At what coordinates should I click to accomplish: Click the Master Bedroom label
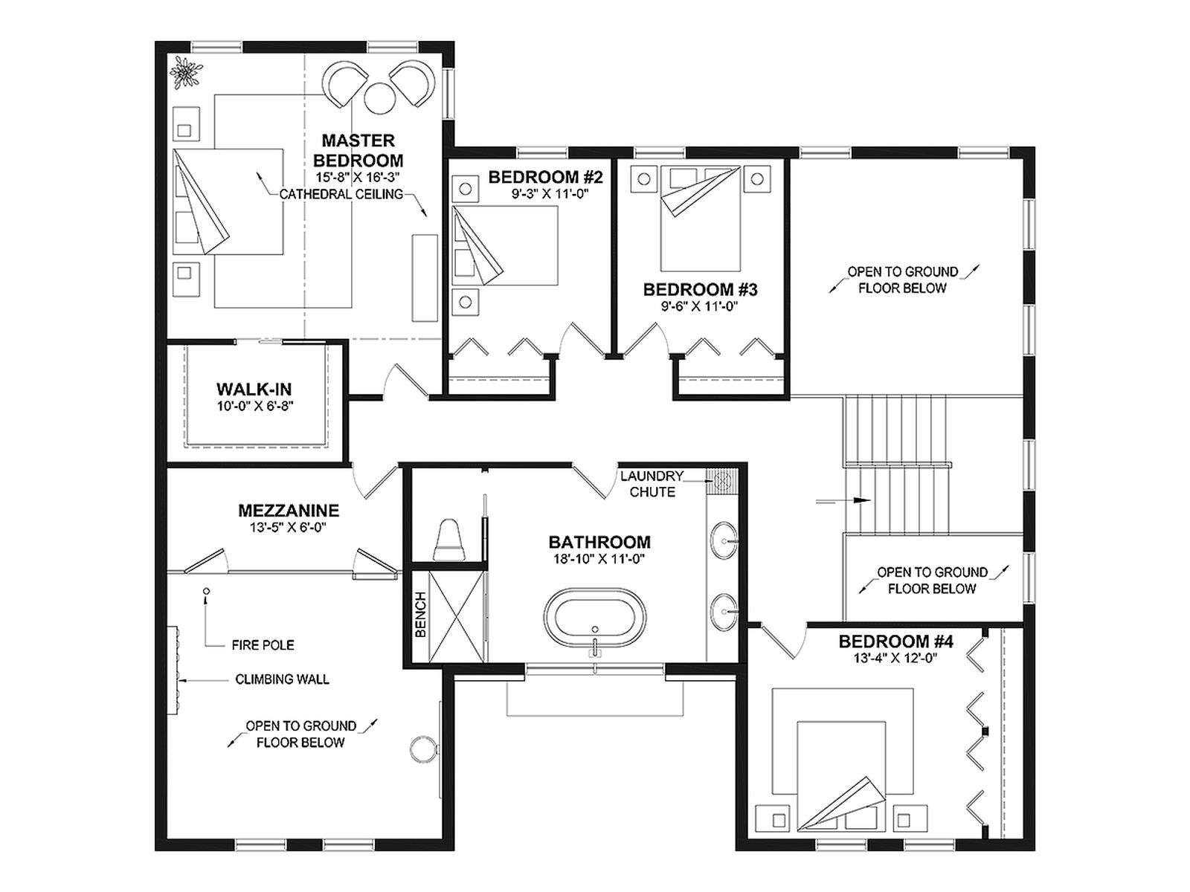tap(358, 151)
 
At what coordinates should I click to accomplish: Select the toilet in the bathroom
tap(448, 540)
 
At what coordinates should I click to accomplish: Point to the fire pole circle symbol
tap(206, 591)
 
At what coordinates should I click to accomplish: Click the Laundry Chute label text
tap(652, 484)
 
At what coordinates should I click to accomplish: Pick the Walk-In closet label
tap(254, 389)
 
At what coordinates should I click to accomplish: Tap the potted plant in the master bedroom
tap(185, 71)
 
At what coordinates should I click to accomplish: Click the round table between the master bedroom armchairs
tap(381, 97)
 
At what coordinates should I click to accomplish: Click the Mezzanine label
tap(289, 510)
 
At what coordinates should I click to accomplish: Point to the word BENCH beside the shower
tap(421, 614)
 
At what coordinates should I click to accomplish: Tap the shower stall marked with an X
tap(457, 616)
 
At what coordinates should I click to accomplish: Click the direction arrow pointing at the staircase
tap(843, 500)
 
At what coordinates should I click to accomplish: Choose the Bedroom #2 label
tap(545, 177)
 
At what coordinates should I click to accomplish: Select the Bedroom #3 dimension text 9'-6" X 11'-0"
tap(699, 306)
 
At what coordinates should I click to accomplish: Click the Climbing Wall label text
tap(282, 679)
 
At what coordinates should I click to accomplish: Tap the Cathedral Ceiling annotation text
tap(341, 194)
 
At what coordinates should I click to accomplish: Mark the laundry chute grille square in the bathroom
tap(721, 479)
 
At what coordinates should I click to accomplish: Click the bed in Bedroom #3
tap(700, 219)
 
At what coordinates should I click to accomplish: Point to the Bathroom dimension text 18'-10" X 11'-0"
tap(599, 559)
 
